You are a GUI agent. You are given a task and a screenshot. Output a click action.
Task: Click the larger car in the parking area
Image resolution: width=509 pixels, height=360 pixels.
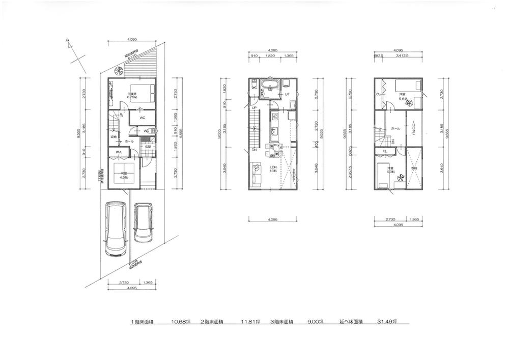point(115,229)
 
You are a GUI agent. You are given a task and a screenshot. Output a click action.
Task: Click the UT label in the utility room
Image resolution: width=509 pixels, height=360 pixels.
point(287,94)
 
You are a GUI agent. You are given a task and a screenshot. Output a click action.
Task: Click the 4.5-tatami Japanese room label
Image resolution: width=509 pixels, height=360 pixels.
point(124,177)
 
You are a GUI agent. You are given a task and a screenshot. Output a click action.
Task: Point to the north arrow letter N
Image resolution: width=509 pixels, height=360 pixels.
point(68,43)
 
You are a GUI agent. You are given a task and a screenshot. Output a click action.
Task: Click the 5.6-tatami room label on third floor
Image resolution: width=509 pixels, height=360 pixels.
point(402,95)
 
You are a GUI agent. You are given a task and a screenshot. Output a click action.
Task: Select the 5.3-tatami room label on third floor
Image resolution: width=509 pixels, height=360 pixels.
point(390,170)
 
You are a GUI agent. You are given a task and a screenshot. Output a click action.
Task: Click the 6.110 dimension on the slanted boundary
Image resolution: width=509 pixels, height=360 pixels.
point(130,57)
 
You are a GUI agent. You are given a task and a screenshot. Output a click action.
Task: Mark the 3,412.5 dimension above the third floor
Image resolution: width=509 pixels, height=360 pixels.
point(403,58)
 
